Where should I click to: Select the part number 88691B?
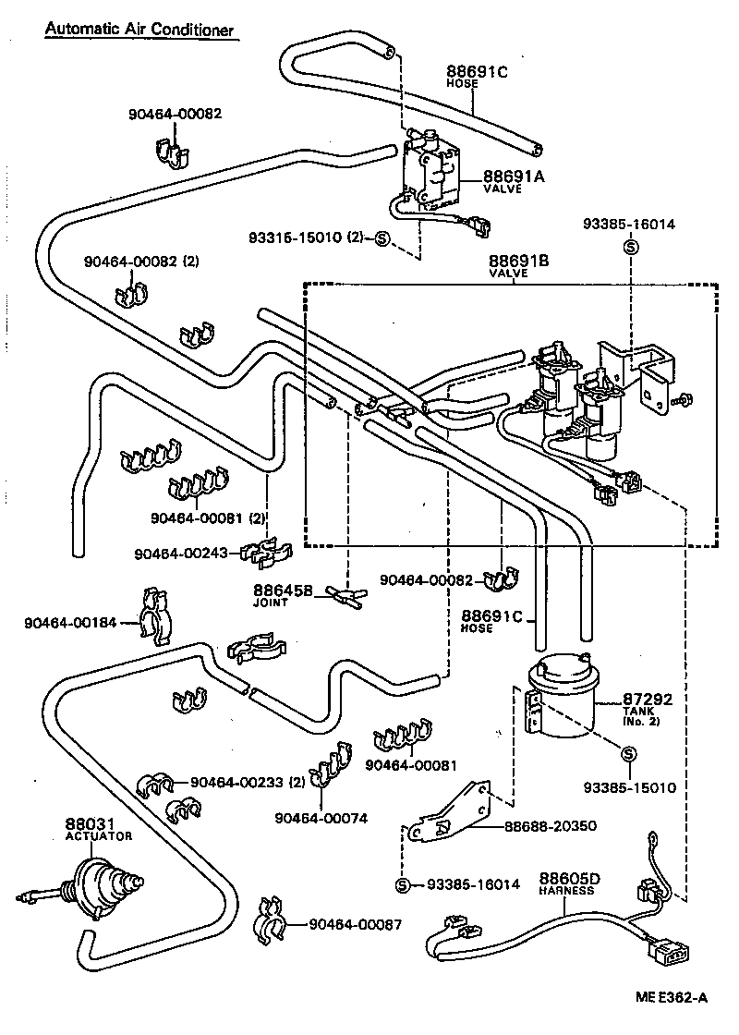click(x=518, y=262)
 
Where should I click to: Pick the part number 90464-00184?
click(x=70, y=622)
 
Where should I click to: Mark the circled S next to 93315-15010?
click(x=382, y=240)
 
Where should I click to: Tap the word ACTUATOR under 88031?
click(x=99, y=835)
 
